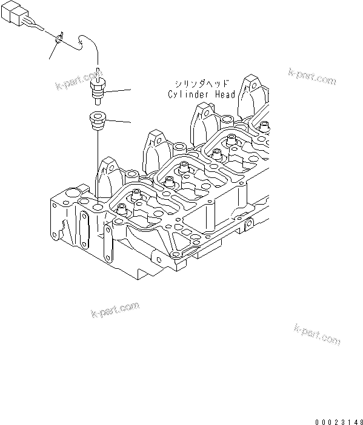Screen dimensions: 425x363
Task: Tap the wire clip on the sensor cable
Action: click(58, 40)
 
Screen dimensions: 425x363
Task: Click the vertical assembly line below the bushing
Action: click(97, 163)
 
